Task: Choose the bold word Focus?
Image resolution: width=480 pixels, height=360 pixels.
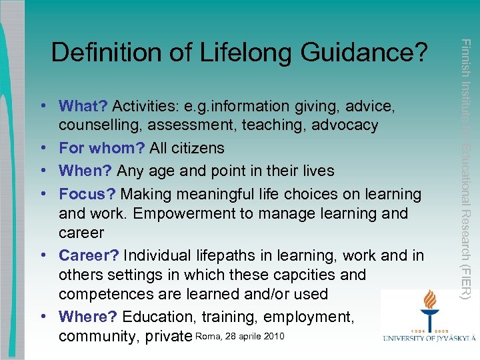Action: click(87, 194)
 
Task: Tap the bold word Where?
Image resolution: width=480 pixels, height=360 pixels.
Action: click(89, 317)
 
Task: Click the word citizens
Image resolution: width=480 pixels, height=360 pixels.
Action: click(197, 147)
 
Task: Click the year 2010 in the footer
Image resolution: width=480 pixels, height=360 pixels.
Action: click(274, 336)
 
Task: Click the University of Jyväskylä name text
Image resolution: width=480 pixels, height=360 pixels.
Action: click(429, 339)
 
